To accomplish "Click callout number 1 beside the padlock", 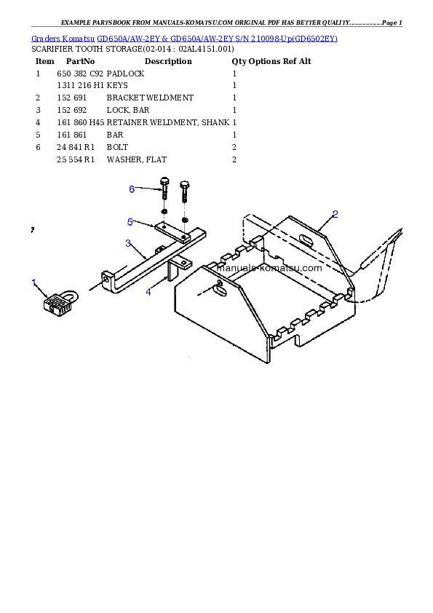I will (33, 282).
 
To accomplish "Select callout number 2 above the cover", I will (335, 214).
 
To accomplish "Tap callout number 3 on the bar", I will (128, 242).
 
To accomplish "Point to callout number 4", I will (148, 292).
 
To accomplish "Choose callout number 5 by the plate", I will (130, 221).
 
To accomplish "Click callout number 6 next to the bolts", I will (132, 189).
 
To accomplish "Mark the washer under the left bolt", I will (165, 212).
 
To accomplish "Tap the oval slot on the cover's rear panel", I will (308, 237).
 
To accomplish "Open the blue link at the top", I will (184, 38).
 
